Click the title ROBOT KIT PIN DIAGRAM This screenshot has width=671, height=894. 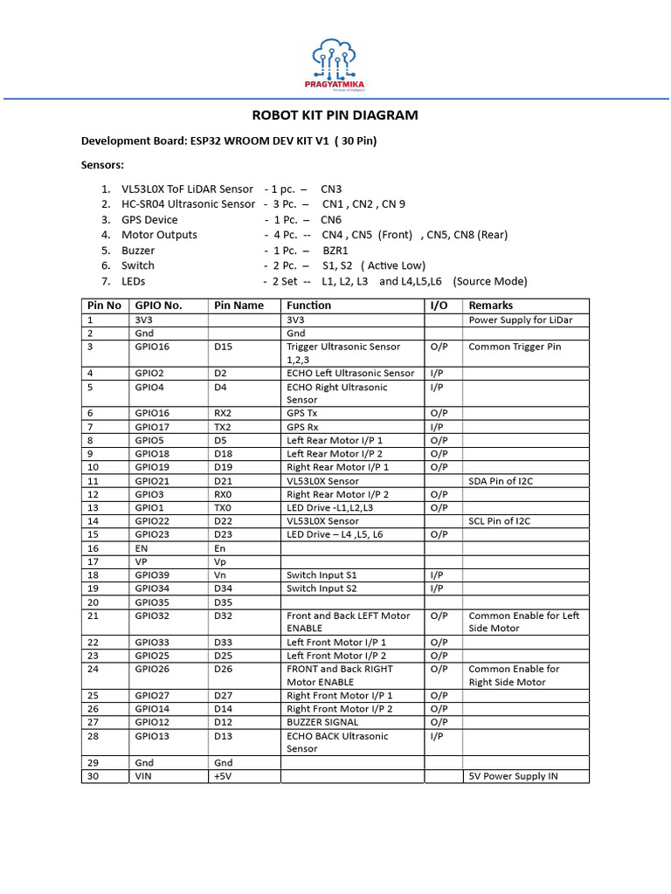click(335, 115)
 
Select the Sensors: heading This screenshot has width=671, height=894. click(103, 164)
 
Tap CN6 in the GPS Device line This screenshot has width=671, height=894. click(332, 219)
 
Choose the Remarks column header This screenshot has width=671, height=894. click(491, 306)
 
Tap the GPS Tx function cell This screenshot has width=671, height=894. click(306, 413)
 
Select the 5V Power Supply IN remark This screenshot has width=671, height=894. click(513, 776)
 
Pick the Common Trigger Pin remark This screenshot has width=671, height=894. click(515, 347)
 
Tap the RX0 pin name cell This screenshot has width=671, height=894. click(225, 494)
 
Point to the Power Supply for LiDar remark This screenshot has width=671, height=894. click(520, 320)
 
